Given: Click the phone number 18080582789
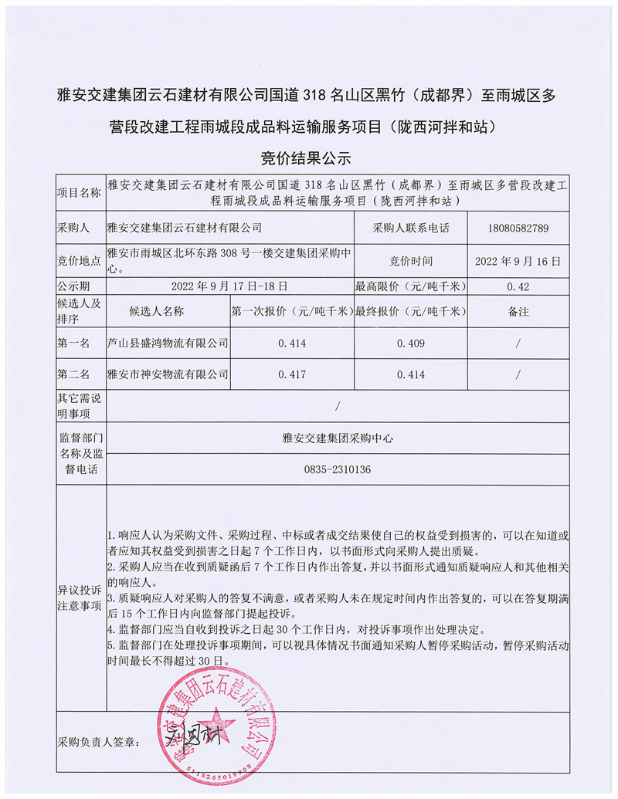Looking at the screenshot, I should point(518,229).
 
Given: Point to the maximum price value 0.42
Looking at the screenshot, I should point(518,286).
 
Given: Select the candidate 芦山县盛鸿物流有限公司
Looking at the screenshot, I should point(168,342).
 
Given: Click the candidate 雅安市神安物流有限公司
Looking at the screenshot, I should point(168,374).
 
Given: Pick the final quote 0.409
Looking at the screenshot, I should point(410,342).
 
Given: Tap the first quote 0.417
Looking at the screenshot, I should point(292,374).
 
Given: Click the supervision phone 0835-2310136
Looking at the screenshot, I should point(338,469).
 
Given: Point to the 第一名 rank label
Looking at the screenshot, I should point(73,342).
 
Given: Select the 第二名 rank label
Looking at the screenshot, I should point(73,374).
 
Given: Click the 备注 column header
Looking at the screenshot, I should point(518,312).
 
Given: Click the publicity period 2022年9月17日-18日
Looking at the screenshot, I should point(230,286).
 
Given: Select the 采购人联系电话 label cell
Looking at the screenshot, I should point(410,229).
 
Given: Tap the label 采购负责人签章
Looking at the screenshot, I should point(97,742).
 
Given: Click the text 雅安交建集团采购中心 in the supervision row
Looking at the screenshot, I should point(338,437).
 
